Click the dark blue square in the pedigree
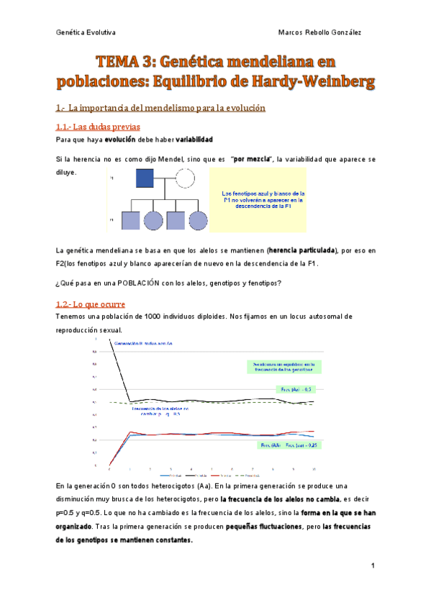point(146,178)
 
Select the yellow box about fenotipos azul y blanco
point(258,199)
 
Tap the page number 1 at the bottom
point(373,568)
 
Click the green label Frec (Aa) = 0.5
point(295,389)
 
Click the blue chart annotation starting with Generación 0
point(143,343)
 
